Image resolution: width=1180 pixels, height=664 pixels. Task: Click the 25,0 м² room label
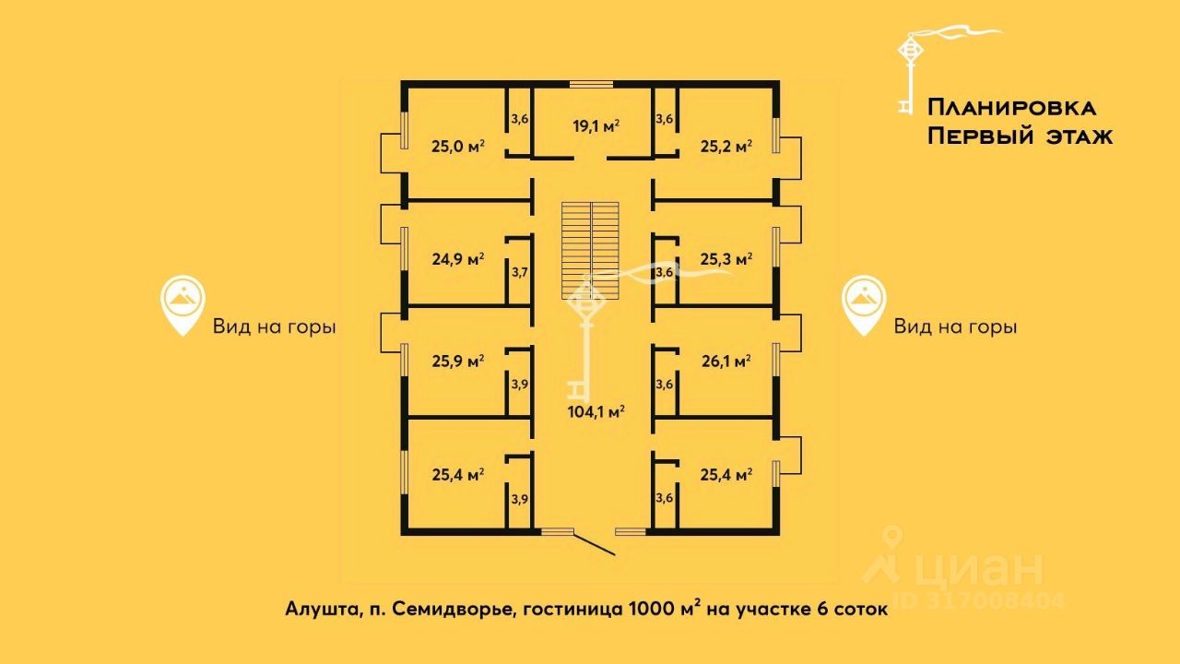click(458, 146)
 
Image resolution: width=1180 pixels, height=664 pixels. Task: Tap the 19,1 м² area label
click(596, 126)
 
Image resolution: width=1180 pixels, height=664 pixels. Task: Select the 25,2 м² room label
click(726, 146)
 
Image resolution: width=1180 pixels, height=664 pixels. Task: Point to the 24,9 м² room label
click(458, 259)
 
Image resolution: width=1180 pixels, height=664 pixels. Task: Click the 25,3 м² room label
click(726, 259)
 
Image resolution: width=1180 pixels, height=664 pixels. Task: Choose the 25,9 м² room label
click(458, 362)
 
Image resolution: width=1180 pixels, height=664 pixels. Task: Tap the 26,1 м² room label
click(726, 362)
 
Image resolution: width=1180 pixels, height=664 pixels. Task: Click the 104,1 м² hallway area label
click(596, 411)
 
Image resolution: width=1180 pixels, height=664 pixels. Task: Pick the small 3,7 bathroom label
click(519, 272)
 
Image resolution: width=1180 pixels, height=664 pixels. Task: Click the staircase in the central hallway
click(590, 251)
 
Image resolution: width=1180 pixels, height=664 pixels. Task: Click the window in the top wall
click(591, 84)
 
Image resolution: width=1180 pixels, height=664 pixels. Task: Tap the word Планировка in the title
click(1011, 108)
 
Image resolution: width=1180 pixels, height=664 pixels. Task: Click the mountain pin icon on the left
click(183, 305)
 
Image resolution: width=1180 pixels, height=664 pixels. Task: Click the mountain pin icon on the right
click(864, 305)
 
